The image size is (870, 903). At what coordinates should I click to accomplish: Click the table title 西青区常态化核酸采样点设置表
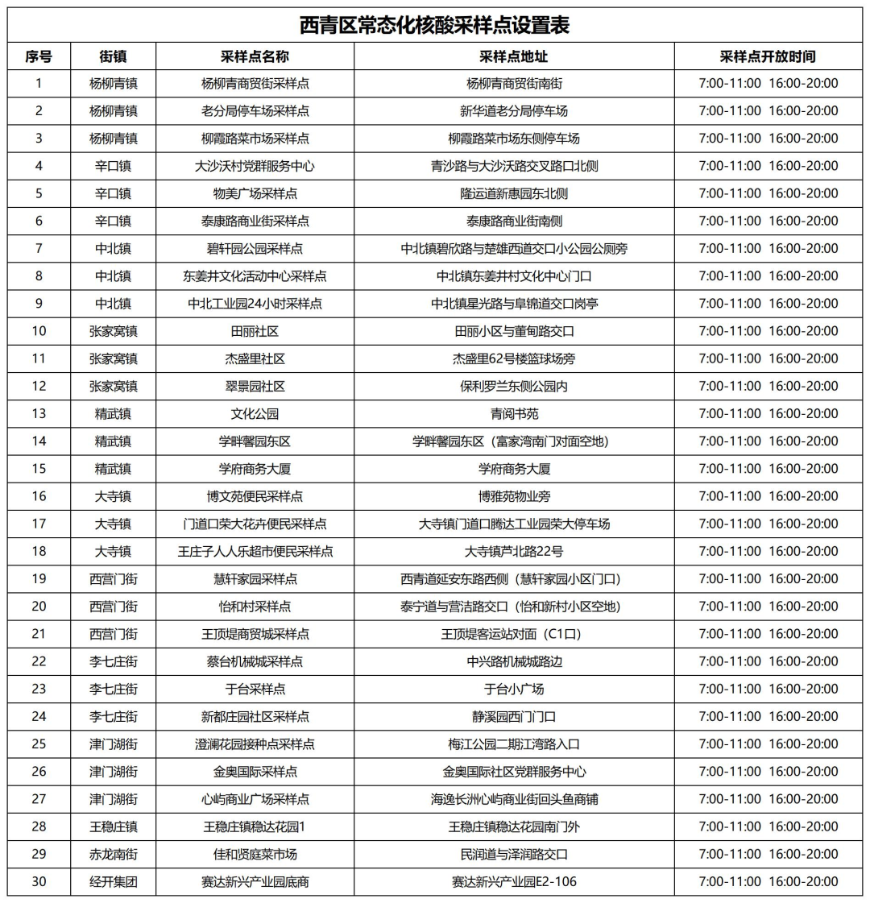click(434, 26)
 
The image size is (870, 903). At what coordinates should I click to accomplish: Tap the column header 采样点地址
click(513, 56)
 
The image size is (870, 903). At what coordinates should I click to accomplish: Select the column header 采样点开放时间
click(768, 56)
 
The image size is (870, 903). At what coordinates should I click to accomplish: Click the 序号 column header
click(39, 56)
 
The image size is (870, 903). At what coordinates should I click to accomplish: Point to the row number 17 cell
click(39, 524)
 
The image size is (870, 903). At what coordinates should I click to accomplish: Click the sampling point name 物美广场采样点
click(255, 193)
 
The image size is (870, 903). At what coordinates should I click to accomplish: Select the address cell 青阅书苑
click(513, 414)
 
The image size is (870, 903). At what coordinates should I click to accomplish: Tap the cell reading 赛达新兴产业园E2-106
click(513, 881)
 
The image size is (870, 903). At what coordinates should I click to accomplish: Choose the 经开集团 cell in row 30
click(114, 881)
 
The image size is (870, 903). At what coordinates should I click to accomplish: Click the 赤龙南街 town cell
click(114, 854)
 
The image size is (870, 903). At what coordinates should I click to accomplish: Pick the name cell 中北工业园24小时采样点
click(255, 304)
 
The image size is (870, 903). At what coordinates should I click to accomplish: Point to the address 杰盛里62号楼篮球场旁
click(513, 358)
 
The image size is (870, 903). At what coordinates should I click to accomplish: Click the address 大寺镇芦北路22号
click(513, 551)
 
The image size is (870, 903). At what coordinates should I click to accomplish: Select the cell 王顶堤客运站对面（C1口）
click(513, 634)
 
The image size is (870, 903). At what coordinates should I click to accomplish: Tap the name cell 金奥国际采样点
click(255, 772)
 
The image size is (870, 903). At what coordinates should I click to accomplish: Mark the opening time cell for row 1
click(768, 83)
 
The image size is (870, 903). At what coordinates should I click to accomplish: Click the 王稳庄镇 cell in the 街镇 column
click(114, 826)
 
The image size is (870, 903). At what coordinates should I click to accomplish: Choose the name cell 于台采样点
click(255, 689)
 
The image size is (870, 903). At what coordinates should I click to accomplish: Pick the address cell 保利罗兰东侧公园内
click(513, 386)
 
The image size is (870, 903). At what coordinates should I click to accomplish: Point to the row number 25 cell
click(39, 744)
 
